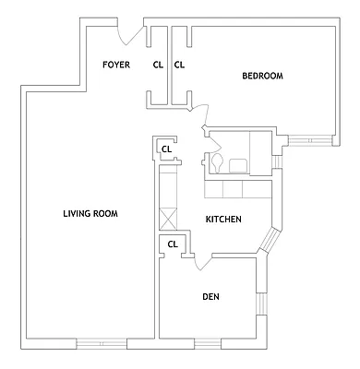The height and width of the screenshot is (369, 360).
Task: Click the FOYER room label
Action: tap(115, 65)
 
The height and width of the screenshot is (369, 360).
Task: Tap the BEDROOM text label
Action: tap(262, 76)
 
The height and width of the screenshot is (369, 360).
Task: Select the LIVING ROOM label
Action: tap(90, 214)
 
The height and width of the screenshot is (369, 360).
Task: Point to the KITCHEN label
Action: tap(223, 220)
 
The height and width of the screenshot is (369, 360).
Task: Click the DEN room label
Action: tap(210, 296)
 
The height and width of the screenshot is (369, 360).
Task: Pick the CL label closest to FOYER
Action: tap(158, 65)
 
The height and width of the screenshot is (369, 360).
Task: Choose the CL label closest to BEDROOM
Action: tap(180, 65)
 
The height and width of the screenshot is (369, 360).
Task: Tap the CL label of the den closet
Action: tap(172, 244)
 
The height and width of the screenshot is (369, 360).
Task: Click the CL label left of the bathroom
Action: tap(167, 149)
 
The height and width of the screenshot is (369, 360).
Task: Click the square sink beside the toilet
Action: tap(237, 165)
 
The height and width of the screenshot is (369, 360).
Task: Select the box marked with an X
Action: tap(167, 220)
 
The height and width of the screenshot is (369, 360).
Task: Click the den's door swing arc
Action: tap(203, 263)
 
